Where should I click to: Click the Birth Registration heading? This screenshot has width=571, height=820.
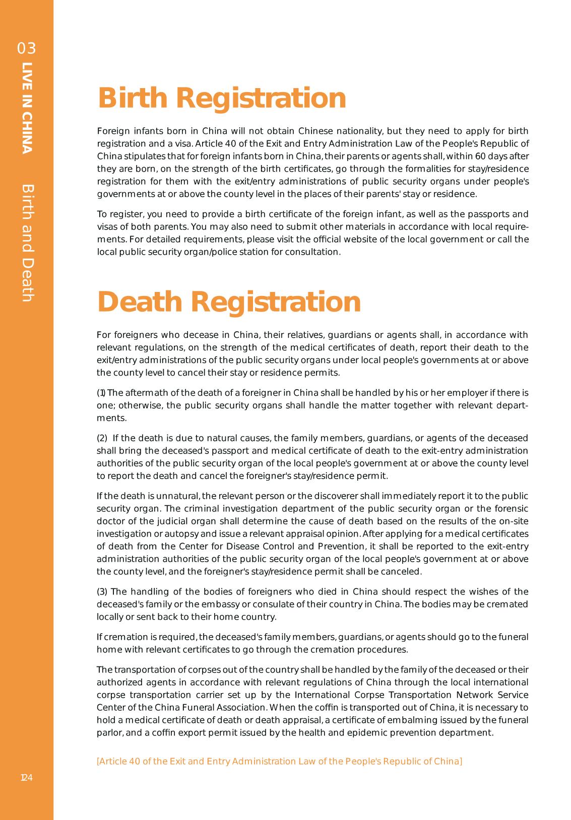(x=222, y=98)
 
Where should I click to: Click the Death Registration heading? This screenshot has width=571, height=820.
(x=229, y=302)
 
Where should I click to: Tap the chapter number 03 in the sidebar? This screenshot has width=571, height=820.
(x=27, y=48)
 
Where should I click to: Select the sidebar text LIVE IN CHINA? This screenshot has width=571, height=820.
(x=27, y=108)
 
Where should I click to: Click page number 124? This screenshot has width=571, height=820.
(x=26, y=778)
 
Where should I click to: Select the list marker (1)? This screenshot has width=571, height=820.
(x=101, y=393)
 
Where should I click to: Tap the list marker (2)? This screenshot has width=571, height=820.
(x=102, y=438)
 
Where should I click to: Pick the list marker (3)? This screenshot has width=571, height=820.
(x=102, y=591)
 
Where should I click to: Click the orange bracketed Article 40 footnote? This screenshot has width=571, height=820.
(x=279, y=761)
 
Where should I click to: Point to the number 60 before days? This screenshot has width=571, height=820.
(x=482, y=156)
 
